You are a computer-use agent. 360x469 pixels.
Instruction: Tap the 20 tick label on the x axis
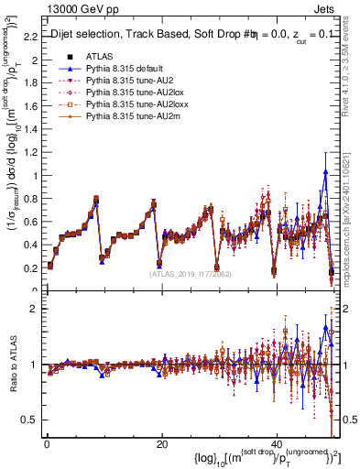161,443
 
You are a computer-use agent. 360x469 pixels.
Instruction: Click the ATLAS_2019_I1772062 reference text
189,273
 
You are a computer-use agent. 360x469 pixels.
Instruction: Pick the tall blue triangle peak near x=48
324,171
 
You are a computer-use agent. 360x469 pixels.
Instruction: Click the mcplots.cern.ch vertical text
352,228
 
